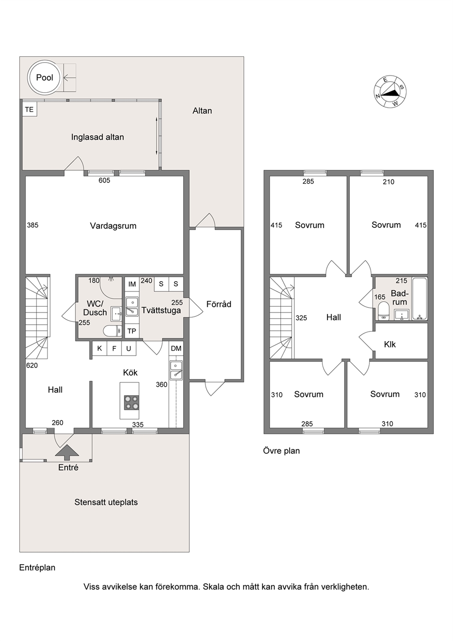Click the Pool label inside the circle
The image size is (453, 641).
[45, 78]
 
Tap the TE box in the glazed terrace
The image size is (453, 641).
[30, 109]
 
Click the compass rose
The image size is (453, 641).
[390, 92]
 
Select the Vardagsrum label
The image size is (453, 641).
[113, 226]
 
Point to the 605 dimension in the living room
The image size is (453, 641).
[104, 180]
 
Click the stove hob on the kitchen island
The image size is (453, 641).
[132, 403]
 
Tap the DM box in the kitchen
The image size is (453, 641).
[176, 348]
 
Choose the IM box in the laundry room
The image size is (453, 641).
[132, 284]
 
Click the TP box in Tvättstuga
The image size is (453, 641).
[132, 331]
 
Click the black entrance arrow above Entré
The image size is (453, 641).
[67, 452]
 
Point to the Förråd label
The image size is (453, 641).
[219, 304]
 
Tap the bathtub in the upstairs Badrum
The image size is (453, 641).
[420, 299]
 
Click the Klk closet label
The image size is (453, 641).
[390, 344]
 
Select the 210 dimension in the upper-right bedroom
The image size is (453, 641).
[388, 182]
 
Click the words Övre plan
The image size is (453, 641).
[281, 451]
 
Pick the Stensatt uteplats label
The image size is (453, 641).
[106, 502]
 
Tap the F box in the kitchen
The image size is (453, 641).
[114, 348]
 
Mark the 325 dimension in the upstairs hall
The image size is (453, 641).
[301, 318]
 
